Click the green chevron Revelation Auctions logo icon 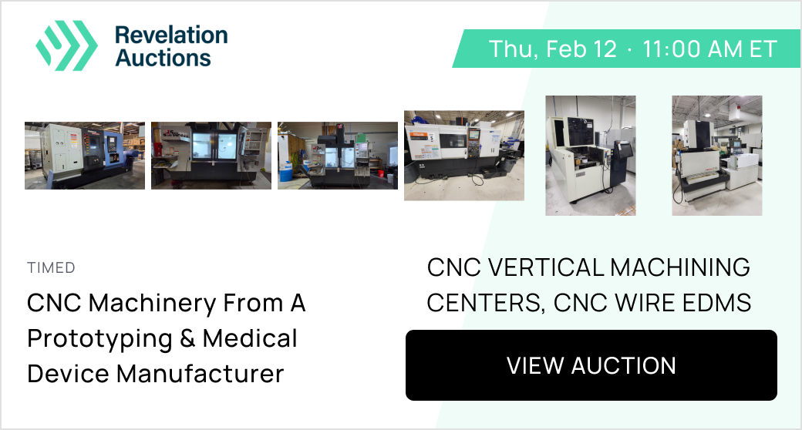pyautogui.click(x=66, y=45)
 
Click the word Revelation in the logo pyautogui.click(x=171, y=35)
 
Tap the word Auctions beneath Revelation pyautogui.click(x=163, y=58)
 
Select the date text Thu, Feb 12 pyautogui.click(x=553, y=49)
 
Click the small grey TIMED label pyautogui.click(x=51, y=267)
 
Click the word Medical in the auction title pyautogui.click(x=250, y=338)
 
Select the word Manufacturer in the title pyautogui.click(x=200, y=374)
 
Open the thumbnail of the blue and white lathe pyautogui.click(x=85, y=156)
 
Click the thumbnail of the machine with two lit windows pyautogui.click(x=211, y=156)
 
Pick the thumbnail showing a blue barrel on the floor pyautogui.click(x=338, y=156)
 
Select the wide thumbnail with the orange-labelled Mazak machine pyautogui.click(x=464, y=156)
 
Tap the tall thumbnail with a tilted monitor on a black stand pyautogui.click(x=591, y=156)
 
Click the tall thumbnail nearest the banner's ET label pyautogui.click(x=717, y=156)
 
